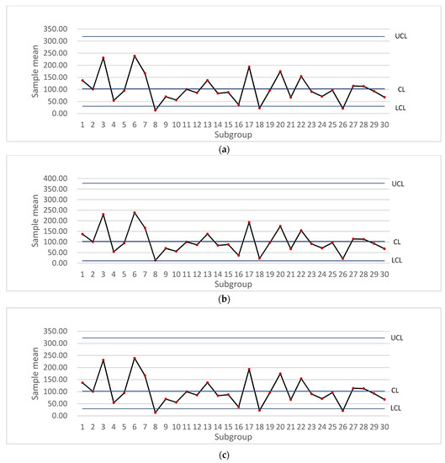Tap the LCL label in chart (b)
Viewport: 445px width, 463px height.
[397, 260]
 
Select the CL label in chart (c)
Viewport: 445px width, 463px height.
[395, 391]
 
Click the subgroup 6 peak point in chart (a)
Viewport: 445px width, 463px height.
[135, 56]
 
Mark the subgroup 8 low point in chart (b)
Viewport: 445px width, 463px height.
[156, 260]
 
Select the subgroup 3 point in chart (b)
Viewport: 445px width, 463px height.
[103, 214]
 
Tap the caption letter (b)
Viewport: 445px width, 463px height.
[222, 299]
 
